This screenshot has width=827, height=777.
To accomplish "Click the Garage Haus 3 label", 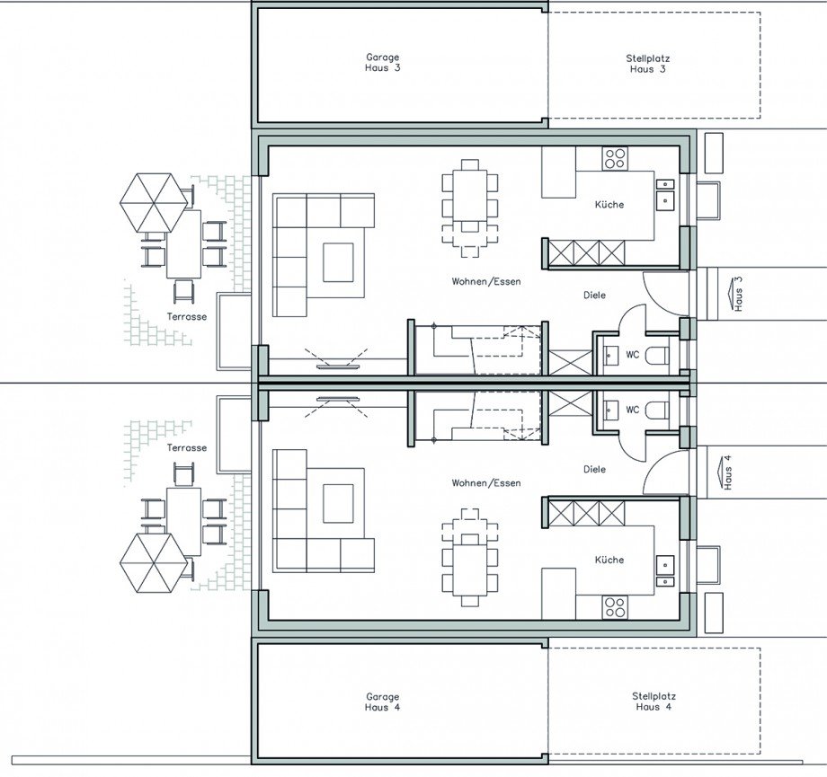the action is coord(382,62).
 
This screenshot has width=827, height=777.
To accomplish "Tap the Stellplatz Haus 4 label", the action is coord(654,702).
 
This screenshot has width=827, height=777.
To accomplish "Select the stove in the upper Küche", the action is coord(615,158).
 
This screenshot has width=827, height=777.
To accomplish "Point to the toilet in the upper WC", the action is coord(657,355).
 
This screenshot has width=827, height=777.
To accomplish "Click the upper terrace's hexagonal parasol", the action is coord(154,202).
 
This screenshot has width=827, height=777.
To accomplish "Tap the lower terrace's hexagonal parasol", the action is coord(154,563).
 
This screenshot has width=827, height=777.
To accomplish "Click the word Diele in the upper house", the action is coord(594,296).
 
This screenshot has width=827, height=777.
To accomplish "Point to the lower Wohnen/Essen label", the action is coord(485,483).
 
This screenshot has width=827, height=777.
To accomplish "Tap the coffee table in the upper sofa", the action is coord(338,262).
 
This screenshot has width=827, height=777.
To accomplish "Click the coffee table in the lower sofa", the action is coord(338,503).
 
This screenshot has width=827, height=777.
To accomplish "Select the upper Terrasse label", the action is coord(187,317).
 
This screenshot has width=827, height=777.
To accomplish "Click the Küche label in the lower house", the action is coord(609,560).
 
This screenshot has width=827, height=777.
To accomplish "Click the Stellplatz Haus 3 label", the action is coord(648,63).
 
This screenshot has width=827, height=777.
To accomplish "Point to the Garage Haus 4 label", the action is coord(382,702).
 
